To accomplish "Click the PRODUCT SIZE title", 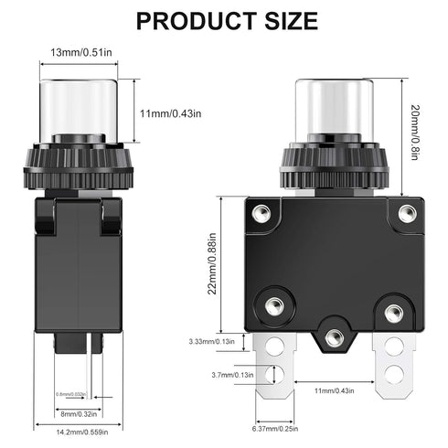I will [x=223, y=21].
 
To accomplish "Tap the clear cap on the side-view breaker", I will [x=78, y=105].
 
